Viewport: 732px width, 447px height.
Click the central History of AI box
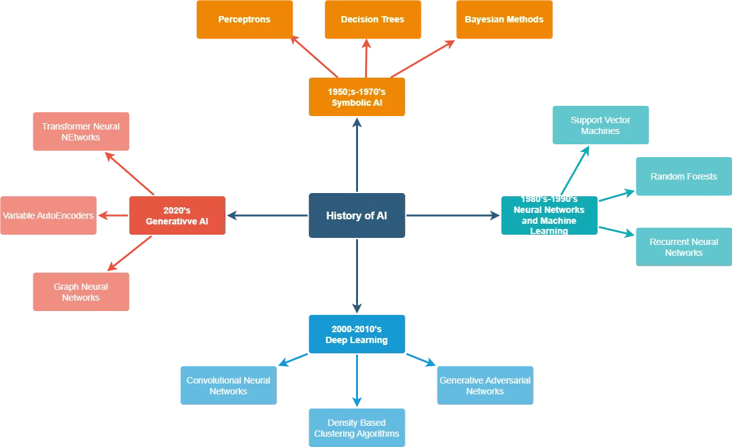pyautogui.click(x=356, y=215)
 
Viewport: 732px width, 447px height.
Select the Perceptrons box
pyautogui.click(x=244, y=20)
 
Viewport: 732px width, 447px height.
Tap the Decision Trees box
pyautogui.click(x=373, y=20)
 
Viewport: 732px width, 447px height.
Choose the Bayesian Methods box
pyautogui.click(x=504, y=20)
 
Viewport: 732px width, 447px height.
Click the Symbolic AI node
pyautogui.click(x=356, y=97)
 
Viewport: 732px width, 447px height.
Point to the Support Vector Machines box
pyautogui.click(x=600, y=126)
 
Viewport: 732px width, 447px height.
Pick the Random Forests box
pyautogui.click(x=683, y=176)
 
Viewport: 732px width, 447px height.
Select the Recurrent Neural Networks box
pyautogui.click(x=683, y=247)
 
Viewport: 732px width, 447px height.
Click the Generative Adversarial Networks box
pyautogui.click(x=484, y=385)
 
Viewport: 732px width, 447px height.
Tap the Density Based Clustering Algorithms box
pyautogui.click(x=356, y=428)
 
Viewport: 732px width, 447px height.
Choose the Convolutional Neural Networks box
pyautogui.click(x=228, y=385)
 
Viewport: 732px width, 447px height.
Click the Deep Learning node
pyautogui.click(x=356, y=334)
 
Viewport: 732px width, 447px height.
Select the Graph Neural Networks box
pyautogui.click(x=81, y=292)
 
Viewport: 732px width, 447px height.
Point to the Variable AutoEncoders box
pyautogui.click(x=48, y=215)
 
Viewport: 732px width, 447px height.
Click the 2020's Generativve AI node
pyautogui.click(x=176, y=215)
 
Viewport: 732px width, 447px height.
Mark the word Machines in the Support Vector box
pyautogui.click(x=600, y=131)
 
